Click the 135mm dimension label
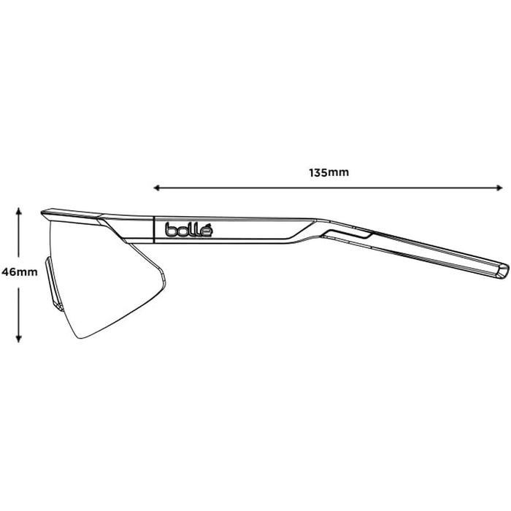(329, 173)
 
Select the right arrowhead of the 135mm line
(502, 188)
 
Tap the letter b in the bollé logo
(169, 230)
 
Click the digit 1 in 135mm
(312, 173)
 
